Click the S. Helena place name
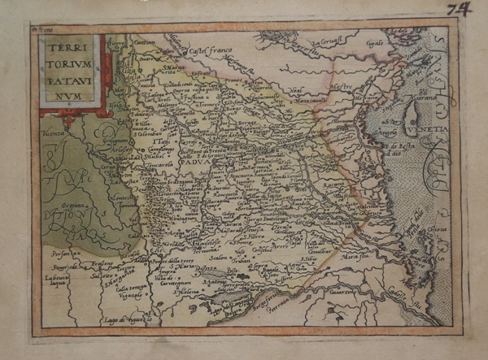pyautogui.click(x=165, y=291)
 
